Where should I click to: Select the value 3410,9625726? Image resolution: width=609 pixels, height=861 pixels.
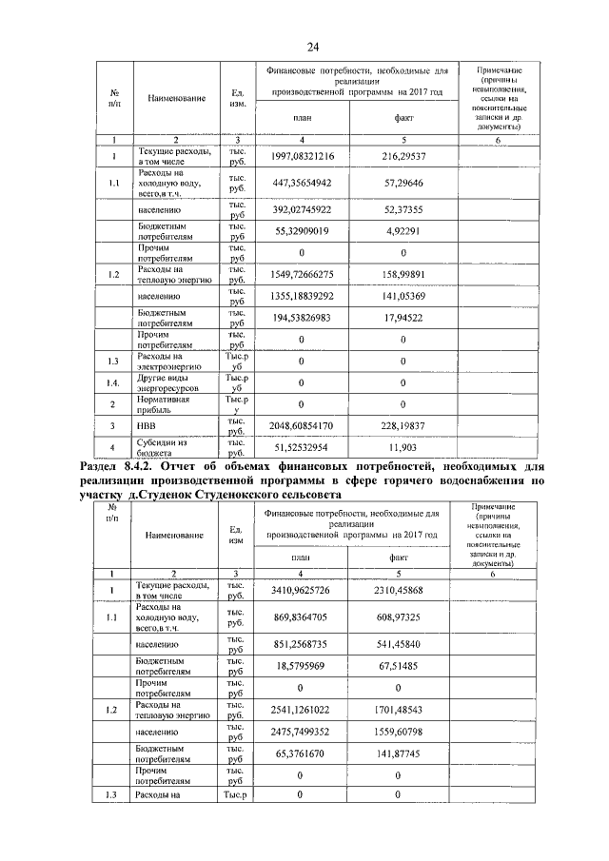[301, 590]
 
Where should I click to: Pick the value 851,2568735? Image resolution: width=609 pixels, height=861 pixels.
[301, 644]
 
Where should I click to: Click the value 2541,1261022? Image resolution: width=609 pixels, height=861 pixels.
[301, 710]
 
